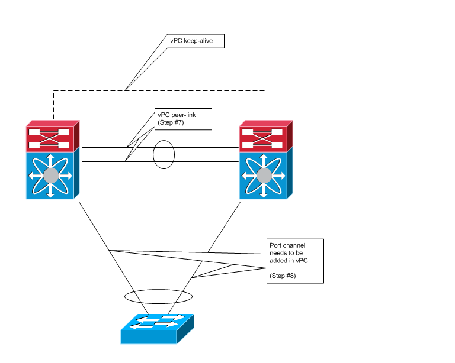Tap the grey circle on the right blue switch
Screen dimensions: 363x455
click(264, 175)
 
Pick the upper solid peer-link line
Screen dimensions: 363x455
click(201, 148)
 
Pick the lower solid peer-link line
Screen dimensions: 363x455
click(201, 161)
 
